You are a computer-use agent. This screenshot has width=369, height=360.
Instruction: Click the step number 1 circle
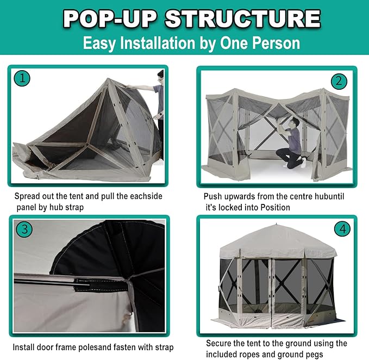coord(22,78)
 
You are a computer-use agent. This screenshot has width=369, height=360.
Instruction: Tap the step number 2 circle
coord(339,82)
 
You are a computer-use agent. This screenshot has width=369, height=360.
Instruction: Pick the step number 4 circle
coord(342,229)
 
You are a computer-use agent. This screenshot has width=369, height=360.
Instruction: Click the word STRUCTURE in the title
coord(242,18)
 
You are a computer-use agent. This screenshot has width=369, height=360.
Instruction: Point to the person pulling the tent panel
coord(158,98)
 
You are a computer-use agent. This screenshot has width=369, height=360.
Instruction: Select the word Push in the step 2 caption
coord(213,196)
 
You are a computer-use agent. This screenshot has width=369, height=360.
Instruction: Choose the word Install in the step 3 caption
coord(25,347)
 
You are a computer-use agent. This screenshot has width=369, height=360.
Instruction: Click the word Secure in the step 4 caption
coord(219,344)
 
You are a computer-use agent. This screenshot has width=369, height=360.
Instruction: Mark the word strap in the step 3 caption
coord(162,347)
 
